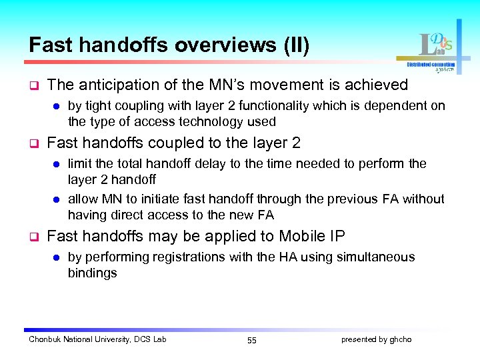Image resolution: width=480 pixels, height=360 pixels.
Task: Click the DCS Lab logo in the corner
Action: tap(433, 50)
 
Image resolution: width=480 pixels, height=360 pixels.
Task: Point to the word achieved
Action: tap(377, 85)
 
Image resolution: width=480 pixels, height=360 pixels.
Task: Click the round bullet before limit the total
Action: tap(57, 164)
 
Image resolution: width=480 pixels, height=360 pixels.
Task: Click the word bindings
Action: tap(92, 273)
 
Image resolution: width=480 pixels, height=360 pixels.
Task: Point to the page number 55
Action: tap(251, 340)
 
